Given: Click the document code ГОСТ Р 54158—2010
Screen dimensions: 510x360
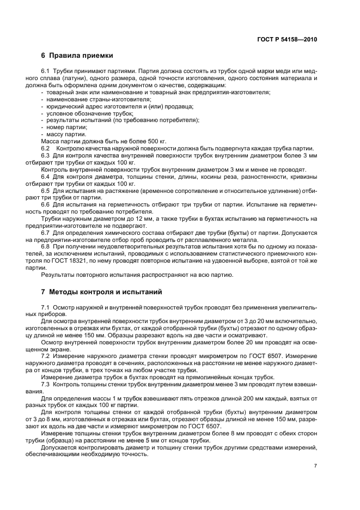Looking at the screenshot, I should click(286, 39).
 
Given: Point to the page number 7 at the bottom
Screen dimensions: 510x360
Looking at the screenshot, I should click(315, 465).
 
